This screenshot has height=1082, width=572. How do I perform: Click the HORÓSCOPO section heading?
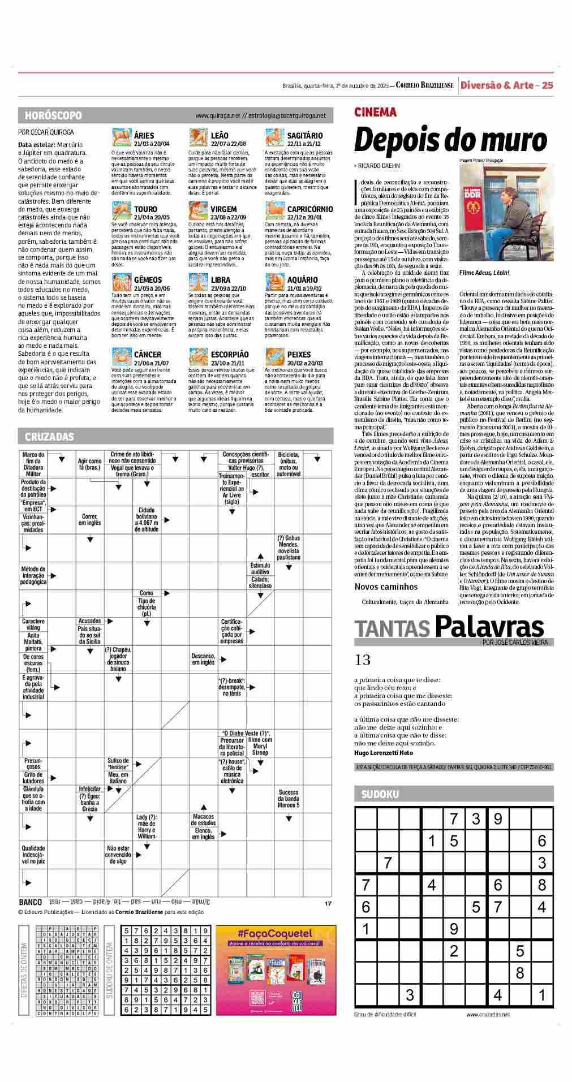coord(53,115)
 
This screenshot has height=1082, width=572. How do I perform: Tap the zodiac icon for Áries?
coord(121,138)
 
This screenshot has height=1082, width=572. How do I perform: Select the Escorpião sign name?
coord(229,355)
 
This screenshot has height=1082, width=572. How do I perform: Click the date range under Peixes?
coord(304,363)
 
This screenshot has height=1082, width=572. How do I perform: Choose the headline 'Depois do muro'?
coord(450,140)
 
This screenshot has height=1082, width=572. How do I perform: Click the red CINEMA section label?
coord(375,113)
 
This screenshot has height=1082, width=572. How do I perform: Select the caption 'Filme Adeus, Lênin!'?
coord(484,273)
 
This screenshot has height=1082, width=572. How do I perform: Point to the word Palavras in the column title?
coord(489,627)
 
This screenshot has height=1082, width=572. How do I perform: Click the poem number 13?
coord(362,660)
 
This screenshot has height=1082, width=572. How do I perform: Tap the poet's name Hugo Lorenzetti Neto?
coord(384,753)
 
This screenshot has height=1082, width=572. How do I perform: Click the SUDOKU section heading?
coord(380,794)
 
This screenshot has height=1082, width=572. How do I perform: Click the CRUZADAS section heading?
coord(49,437)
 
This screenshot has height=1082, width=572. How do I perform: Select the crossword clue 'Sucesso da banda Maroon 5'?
coord(289,799)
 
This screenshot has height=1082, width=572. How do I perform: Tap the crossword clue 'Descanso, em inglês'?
coord(203,659)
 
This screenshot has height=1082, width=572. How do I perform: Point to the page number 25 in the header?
coord(547,85)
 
